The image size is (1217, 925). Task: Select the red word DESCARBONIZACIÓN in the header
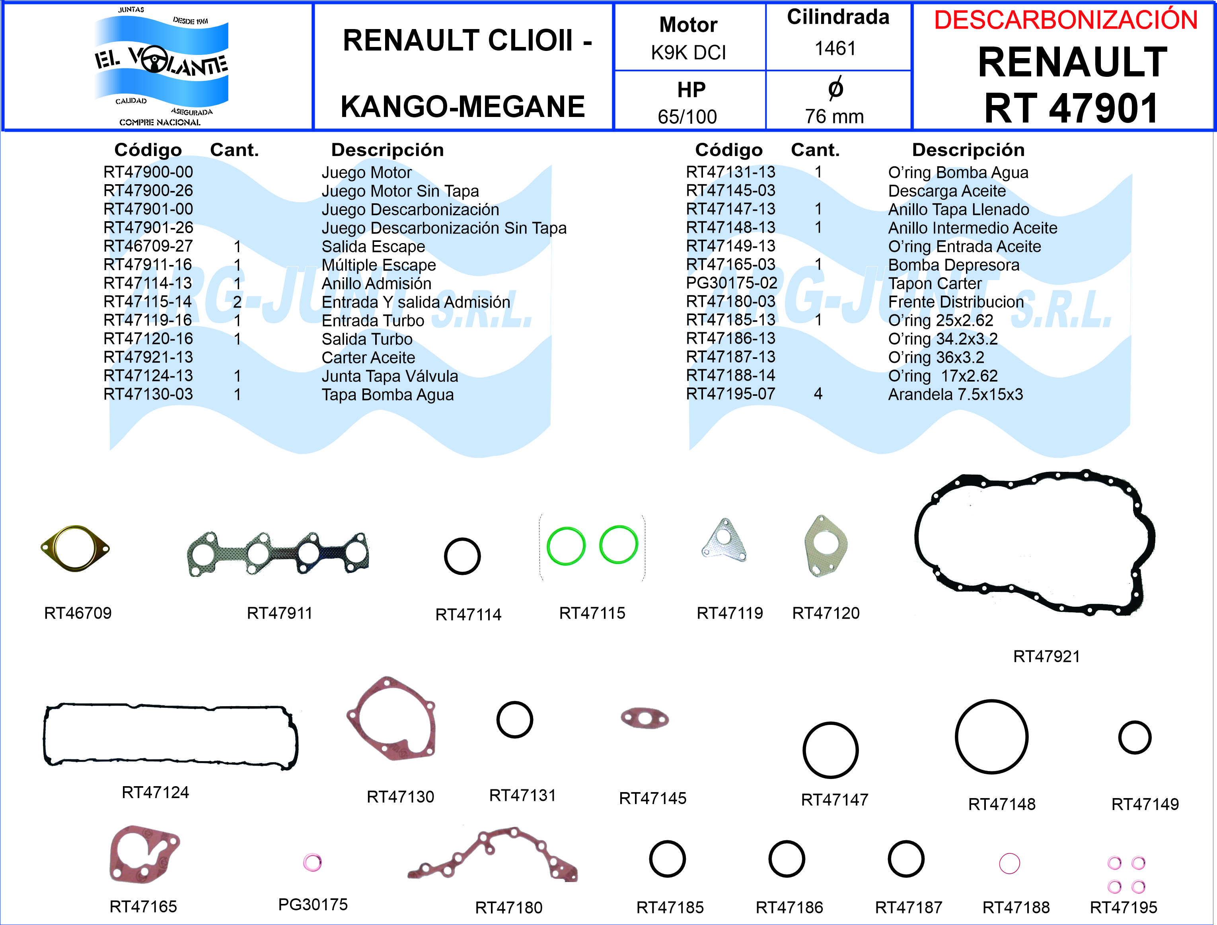click(x=1066, y=20)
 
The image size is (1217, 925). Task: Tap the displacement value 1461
click(x=835, y=49)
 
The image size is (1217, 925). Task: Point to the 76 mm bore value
click(x=834, y=116)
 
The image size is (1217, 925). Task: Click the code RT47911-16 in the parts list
click(x=148, y=265)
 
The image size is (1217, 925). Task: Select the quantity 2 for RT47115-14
click(x=237, y=302)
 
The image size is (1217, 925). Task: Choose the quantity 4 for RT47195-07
click(x=818, y=394)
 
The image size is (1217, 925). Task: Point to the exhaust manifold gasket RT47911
click(x=278, y=554)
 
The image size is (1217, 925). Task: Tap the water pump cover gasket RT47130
click(x=391, y=719)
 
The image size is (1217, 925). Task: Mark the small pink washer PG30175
click(x=312, y=862)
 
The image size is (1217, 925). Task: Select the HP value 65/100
click(x=687, y=117)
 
